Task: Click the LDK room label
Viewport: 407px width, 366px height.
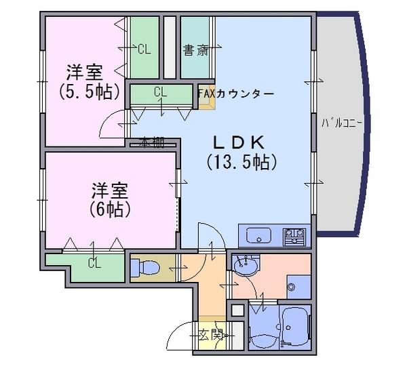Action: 239,142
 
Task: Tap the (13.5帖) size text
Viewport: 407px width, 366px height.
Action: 241,163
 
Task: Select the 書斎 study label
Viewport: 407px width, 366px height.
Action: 196,51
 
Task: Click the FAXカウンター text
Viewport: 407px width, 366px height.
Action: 235,94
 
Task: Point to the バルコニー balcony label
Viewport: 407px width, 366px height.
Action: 342,123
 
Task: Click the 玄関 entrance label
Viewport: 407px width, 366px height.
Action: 210,336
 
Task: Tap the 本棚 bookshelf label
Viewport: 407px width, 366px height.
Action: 151,142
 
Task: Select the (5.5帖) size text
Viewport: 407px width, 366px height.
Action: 90,92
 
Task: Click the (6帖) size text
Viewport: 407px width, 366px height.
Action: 109,209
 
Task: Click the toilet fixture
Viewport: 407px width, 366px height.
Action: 145,268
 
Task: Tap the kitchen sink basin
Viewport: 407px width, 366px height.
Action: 258,235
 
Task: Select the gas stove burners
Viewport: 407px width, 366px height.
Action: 294,237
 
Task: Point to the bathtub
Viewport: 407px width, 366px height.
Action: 295,325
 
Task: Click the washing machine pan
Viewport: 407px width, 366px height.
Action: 298,287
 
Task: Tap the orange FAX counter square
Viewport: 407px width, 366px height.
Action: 207,97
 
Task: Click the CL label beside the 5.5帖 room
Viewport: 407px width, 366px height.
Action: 144,49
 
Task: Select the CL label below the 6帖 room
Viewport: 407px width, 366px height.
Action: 94,263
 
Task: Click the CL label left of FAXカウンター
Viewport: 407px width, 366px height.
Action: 160,91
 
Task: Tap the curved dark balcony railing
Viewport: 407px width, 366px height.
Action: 364,125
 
